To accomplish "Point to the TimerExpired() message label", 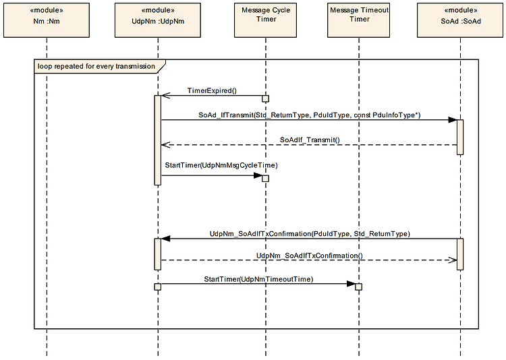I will (212, 90).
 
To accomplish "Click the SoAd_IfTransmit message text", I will (310, 115).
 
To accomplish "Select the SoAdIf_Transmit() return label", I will (310, 140).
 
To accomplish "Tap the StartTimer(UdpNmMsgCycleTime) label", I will (221, 165).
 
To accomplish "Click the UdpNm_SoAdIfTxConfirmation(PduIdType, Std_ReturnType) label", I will (310, 234).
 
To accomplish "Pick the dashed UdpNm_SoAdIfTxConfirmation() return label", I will (310, 256).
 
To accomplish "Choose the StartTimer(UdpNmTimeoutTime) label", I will (258, 278).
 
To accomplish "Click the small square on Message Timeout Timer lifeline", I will (359, 287).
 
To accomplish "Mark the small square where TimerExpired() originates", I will (265, 98).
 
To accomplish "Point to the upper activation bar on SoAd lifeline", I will (460, 137).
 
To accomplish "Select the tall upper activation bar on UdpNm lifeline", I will (157, 140).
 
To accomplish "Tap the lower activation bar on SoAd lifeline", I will (460, 254).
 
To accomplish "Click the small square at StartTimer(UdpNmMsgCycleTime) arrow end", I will (265, 178).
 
